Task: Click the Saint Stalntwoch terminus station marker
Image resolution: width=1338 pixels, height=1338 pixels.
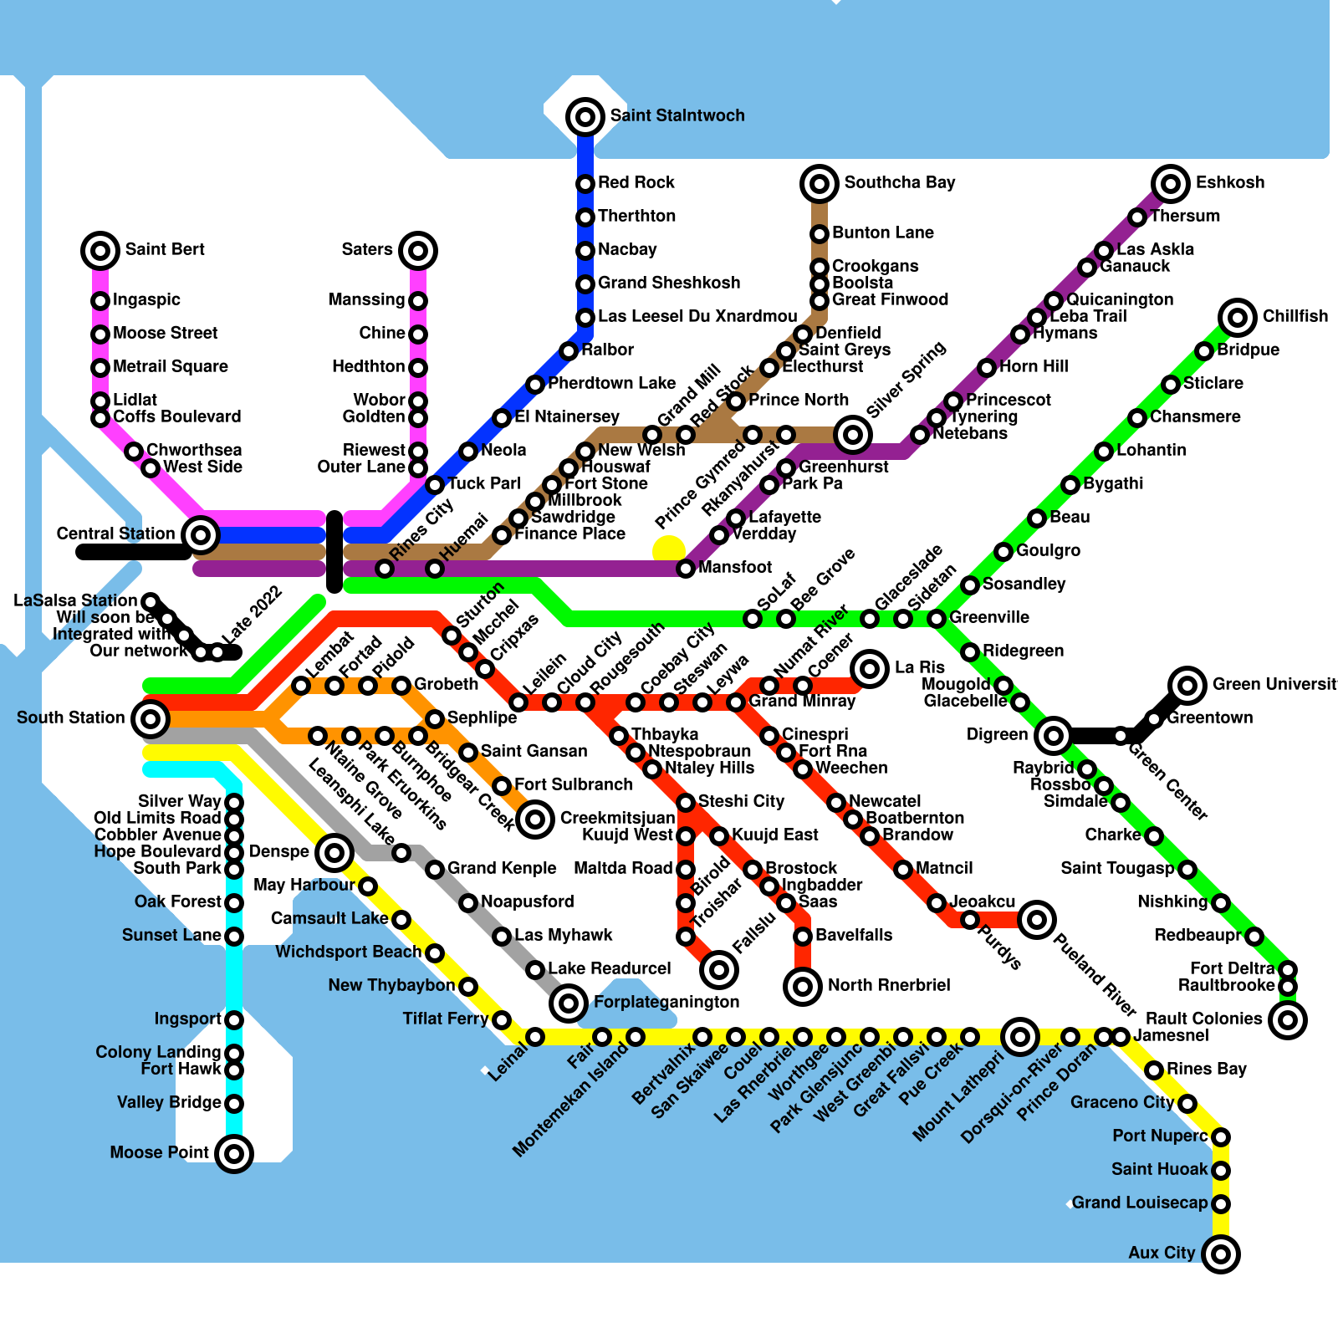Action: [x=585, y=117]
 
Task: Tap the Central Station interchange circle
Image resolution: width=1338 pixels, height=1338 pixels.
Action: [x=201, y=534]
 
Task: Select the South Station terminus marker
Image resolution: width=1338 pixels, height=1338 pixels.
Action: [x=151, y=718]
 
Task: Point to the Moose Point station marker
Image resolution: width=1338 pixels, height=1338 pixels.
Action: [x=234, y=1154]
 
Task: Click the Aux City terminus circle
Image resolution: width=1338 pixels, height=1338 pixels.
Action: [x=1221, y=1254]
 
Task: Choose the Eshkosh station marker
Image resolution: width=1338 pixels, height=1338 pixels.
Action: [x=1171, y=184]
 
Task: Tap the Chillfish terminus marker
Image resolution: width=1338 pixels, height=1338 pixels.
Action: [x=1238, y=318]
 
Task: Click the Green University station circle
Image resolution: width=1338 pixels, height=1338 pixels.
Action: [x=1187, y=686]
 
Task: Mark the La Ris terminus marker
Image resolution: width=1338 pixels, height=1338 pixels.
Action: [x=870, y=669]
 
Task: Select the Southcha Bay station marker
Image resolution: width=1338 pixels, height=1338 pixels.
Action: [x=820, y=184]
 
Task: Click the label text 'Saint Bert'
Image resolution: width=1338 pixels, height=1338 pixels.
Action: [x=165, y=249]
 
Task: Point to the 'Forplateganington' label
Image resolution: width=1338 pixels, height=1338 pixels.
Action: [x=666, y=1002]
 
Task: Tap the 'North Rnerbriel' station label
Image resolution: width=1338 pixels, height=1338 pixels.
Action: [x=889, y=985]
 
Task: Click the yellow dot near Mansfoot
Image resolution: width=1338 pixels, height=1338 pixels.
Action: [x=669, y=550]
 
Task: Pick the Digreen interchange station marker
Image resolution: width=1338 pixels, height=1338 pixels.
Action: [x=1054, y=736]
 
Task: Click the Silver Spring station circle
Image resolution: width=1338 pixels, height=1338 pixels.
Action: [x=853, y=434]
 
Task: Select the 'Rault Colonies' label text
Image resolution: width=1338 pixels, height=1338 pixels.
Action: [x=1203, y=1019]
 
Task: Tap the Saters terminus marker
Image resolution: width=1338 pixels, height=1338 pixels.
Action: [x=418, y=251]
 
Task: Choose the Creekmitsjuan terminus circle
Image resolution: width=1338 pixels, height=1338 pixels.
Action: [x=535, y=819]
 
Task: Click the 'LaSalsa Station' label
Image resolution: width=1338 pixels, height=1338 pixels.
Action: [x=75, y=600]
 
